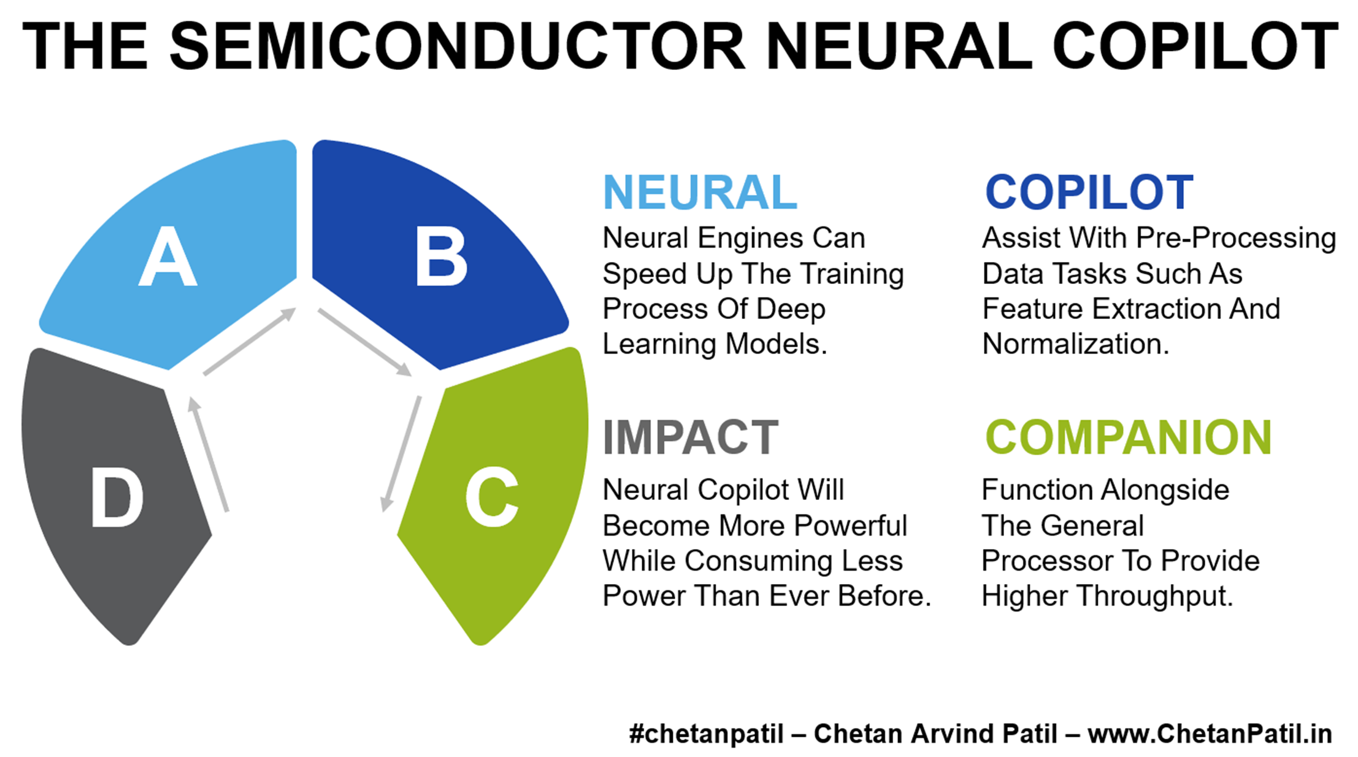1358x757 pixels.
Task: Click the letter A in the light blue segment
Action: coord(167,256)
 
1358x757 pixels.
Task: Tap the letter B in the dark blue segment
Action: coord(441,256)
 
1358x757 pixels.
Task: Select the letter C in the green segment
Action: coord(492,496)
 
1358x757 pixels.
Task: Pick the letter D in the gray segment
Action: coord(117,496)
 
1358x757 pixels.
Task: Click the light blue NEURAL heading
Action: coord(700,192)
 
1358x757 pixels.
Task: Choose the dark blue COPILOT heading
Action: coord(1089,192)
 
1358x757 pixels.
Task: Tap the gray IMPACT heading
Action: coord(691,437)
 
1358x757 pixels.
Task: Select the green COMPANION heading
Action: coord(1129,437)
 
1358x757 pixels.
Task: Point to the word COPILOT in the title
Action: coord(1195,46)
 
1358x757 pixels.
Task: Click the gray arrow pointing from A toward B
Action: coord(250,341)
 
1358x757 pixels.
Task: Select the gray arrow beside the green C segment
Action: coord(401,453)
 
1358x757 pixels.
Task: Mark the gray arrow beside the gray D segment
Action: coord(209,454)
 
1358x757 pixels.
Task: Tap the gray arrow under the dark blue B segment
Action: coord(365,342)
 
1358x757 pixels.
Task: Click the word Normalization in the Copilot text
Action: coord(1076,344)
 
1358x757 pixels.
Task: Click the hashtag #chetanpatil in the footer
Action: coord(706,734)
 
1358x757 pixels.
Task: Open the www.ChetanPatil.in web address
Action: coord(1210,734)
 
